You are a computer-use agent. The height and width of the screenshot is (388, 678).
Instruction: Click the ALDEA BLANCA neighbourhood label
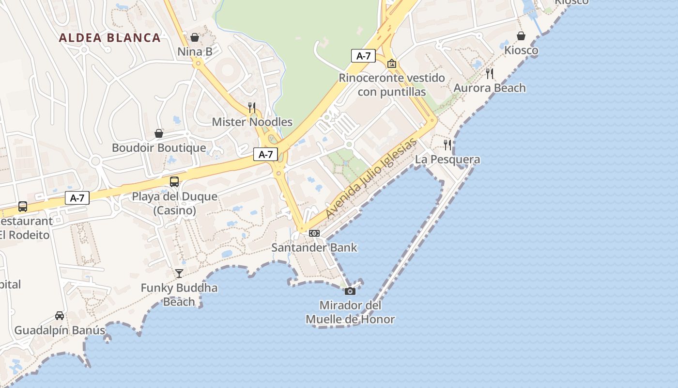109,38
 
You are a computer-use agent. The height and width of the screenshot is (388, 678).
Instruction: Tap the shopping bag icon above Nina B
195,37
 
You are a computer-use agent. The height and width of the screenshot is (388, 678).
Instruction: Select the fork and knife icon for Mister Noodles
252,107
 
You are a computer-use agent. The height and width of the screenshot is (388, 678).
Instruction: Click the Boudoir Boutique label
159,148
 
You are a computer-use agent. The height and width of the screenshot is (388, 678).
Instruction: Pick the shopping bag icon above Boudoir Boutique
159,133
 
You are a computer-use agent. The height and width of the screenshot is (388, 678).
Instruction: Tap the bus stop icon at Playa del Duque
174,182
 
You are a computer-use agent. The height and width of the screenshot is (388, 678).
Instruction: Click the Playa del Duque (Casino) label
175,204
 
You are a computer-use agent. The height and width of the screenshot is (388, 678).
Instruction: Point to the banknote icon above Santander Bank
314,233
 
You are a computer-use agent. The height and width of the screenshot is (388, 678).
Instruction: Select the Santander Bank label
314,248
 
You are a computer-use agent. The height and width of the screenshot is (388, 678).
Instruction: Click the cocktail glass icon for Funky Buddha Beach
179,274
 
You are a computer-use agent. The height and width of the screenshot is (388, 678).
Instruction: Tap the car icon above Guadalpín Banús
60,316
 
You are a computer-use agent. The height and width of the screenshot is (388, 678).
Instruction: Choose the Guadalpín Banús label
60,331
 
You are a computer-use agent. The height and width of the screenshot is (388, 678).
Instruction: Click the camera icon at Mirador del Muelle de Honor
350,291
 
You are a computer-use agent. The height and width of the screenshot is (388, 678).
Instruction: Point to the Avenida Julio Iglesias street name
371,178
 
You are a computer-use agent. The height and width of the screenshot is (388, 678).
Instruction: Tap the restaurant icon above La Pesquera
447,145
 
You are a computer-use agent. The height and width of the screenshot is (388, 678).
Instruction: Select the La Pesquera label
447,160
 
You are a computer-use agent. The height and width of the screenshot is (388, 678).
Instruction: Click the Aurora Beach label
490,88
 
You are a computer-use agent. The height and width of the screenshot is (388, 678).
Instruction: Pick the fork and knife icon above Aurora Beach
490,74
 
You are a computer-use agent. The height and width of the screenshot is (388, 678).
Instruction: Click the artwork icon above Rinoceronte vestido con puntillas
392,64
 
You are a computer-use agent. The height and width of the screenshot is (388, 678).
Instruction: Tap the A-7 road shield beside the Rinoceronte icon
364,56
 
